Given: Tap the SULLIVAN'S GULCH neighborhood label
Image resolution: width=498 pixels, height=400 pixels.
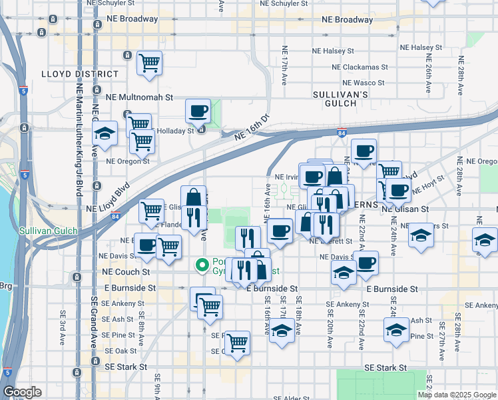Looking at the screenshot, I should point(340,99).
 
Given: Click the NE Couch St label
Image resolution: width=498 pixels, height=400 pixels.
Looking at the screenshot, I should point(126,272).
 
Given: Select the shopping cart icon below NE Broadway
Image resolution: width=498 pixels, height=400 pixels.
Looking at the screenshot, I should point(150,64).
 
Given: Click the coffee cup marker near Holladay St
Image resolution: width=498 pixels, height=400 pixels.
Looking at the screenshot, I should point(197,111).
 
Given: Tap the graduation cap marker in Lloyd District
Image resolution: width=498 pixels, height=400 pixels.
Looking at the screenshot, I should point(105,134).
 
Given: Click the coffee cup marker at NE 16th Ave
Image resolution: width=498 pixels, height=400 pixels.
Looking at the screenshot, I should point(280,231).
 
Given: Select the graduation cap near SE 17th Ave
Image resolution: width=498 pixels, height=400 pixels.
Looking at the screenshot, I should point(282,331).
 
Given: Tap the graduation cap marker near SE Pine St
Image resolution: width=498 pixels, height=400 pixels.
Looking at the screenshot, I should point(396,330).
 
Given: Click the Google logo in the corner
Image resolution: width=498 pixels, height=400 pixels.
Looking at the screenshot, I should point(22,392).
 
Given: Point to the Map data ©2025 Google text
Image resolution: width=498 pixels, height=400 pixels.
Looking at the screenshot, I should point(457,395).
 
